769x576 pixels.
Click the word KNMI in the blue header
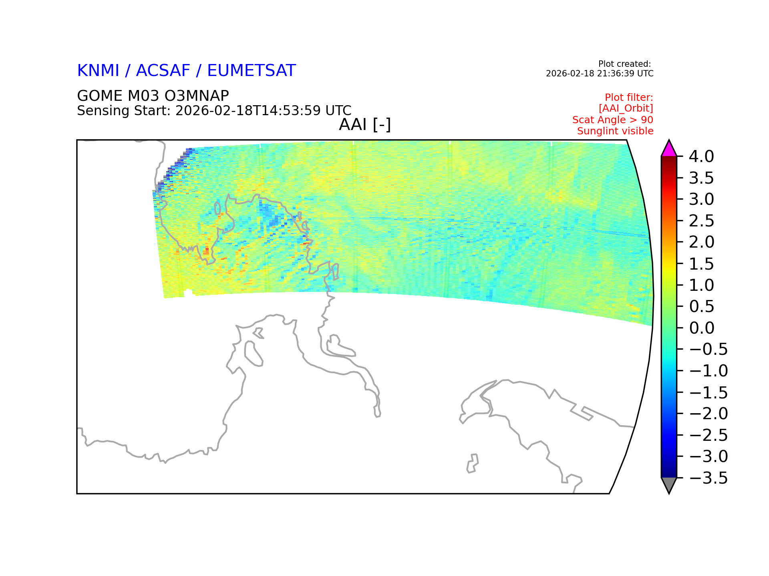(x=98, y=71)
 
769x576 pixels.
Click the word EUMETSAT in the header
(x=252, y=71)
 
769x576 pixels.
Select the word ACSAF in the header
(x=163, y=71)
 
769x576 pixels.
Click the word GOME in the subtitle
(x=100, y=96)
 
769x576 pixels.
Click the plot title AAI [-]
(x=365, y=125)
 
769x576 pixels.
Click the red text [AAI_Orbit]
(x=626, y=108)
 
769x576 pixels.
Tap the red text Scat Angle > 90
(x=613, y=120)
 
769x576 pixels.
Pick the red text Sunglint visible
(x=615, y=131)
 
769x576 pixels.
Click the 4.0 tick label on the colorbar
(x=701, y=156)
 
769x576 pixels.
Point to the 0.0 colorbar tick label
(x=702, y=328)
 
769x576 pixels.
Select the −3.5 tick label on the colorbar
(x=709, y=478)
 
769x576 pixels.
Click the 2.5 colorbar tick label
(x=701, y=221)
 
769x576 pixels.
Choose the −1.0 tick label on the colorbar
(x=709, y=371)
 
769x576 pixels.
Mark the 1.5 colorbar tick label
(x=701, y=264)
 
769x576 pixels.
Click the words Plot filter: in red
(x=629, y=97)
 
